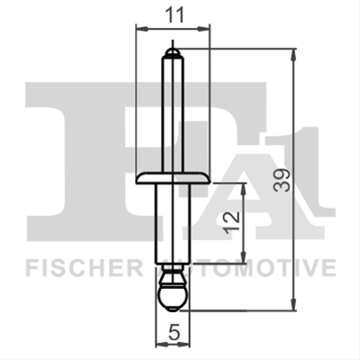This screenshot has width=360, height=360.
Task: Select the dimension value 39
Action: click(x=282, y=180)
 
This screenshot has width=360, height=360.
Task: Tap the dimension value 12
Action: click(x=233, y=222)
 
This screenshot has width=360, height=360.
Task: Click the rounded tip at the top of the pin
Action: click(x=173, y=53)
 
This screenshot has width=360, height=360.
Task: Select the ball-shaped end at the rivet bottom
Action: click(x=173, y=298)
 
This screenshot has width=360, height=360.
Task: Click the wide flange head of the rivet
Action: click(x=173, y=178)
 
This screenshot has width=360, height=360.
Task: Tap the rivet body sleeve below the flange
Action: click(x=173, y=224)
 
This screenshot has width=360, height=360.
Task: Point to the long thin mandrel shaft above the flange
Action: click(x=173, y=114)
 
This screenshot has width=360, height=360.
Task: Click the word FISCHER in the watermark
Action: click(x=84, y=268)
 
